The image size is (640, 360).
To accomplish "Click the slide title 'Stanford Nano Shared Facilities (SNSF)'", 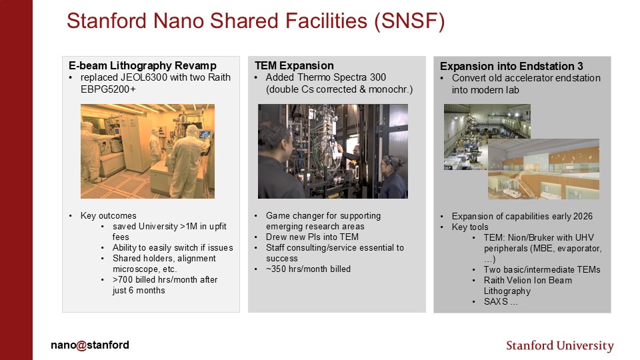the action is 255,21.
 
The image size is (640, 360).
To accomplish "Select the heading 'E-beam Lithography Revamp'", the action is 143,66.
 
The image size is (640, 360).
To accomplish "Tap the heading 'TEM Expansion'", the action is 294,66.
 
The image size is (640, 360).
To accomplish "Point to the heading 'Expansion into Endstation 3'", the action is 511,67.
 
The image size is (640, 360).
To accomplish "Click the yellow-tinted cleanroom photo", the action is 147,151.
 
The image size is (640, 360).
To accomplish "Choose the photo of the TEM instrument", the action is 333,151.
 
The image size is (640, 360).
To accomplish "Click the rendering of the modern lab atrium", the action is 544,169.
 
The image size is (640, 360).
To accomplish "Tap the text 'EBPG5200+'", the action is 108,89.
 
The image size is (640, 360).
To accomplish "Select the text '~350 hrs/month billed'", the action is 308,269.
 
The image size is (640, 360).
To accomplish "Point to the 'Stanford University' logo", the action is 560,346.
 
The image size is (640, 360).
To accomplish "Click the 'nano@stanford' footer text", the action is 90,345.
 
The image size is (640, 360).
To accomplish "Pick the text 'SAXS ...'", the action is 501,301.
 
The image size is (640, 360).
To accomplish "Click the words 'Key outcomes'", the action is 108,215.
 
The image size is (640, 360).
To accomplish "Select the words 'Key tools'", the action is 470,227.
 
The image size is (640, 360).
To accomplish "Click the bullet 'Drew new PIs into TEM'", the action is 312,237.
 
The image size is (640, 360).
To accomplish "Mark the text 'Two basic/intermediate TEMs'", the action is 542,270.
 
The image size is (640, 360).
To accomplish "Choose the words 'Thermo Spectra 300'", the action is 341,77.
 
